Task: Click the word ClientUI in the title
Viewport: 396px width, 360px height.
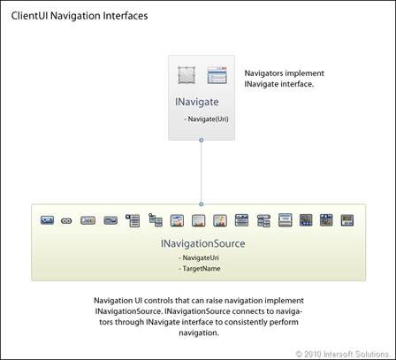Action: pyautogui.click(x=29, y=16)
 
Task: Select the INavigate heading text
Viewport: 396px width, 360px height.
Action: pyautogui.click(x=197, y=102)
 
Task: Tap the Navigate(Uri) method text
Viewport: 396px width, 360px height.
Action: pyautogui.click(x=208, y=119)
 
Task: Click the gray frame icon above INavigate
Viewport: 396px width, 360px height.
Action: pyautogui.click(x=187, y=75)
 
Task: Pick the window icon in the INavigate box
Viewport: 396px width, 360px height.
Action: pyautogui.click(x=217, y=75)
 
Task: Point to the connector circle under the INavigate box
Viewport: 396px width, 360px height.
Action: pyautogui.click(x=202, y=140)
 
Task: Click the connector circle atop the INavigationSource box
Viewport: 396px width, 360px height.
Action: pyautogui.click(x=202, y=204)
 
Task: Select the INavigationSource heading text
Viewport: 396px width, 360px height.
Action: pyautogui.click(x=202, y=243)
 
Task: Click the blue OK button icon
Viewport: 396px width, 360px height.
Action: pyautogui.click(x=47, y=220)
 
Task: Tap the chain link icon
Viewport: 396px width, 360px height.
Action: pyautogui.click(x=66, y=220)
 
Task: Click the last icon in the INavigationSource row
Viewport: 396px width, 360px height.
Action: pyautogui.click(x=347, y=220)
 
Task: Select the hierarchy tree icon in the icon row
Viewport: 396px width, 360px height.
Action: pyautogui.click(x=156, y=220)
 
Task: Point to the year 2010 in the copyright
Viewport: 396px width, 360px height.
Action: pyautogui.click(x=312, y=354)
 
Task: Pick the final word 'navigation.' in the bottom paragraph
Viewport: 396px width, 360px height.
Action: pyautogui.click(x=199, y=333)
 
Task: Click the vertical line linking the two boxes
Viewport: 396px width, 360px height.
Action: pyautogui.click(x=202, y=172)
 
